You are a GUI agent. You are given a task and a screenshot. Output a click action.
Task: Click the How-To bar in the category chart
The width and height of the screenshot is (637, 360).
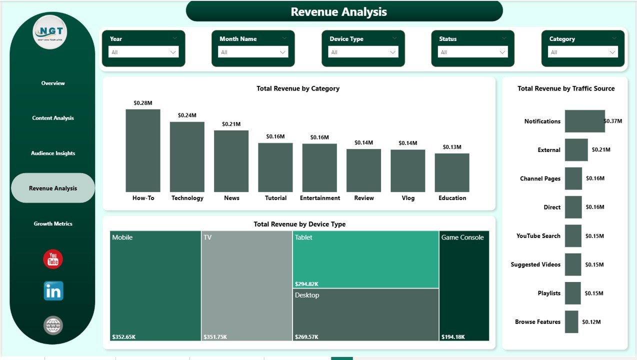pyautogui.click(x=143, y=150)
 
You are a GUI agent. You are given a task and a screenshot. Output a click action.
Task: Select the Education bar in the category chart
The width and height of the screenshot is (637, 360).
pyautogui.click(x=452, y=172)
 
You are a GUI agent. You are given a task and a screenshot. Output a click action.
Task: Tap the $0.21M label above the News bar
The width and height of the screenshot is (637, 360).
pyautogui.click(x=231, y=124)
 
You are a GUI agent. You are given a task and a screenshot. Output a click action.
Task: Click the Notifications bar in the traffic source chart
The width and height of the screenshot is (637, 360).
pyautogui.click(x=584, y=121)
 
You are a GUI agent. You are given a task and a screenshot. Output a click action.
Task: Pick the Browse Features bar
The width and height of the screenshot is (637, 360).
pyautogui.click(x=571, y=322)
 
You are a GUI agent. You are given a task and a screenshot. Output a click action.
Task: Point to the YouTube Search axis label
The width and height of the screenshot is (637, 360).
pyautogui.click(x=538, y=236)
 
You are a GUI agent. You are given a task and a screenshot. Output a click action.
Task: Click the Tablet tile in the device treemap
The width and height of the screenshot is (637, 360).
pyautogui.click(x=365, y=259)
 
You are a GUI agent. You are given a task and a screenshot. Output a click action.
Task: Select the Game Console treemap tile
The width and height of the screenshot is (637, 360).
pyautogui.click(x=464, y=285)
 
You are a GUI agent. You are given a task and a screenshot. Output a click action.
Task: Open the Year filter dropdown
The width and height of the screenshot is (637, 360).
pyautogui.click(x=143, y=52)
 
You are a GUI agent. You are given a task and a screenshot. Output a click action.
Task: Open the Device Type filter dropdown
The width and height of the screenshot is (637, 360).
pyautogui.click(x=363, y=52)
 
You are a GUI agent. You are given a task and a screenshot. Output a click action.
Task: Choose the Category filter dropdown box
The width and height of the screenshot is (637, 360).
pyautogui.click(x=583, y=52)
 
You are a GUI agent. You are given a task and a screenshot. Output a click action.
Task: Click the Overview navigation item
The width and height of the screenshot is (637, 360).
pyautogui.click(x=53, y=83)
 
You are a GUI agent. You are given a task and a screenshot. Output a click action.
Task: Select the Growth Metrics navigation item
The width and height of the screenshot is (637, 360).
pyautogui.click(x=53, y=223)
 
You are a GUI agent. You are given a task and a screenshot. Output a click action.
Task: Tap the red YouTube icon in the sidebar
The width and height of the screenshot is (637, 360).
pyautogui.click(x=53, y=259)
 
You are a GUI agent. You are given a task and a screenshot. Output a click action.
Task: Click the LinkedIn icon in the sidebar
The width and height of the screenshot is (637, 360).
pyautogui.click(x=53, y=291)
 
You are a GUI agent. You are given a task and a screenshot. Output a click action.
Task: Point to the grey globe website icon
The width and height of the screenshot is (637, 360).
pyautogui.click(x=53, y=325)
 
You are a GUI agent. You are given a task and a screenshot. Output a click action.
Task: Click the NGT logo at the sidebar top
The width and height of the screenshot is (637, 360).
pyautogui.click(x=50, y=32)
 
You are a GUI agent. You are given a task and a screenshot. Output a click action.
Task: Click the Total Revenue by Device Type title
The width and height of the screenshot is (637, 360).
pyautogui.click(x=299, y=224)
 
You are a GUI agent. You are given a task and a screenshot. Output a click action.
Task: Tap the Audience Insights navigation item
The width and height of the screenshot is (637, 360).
pyautogui.click(x=53, y=153)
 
